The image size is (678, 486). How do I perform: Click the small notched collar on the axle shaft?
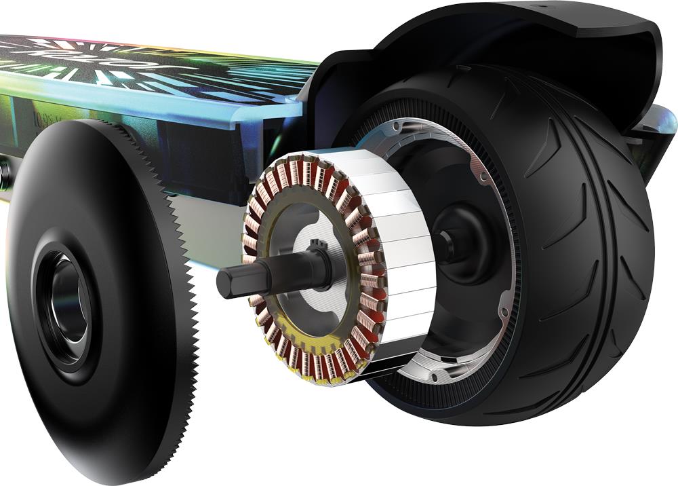tap(316, 251)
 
